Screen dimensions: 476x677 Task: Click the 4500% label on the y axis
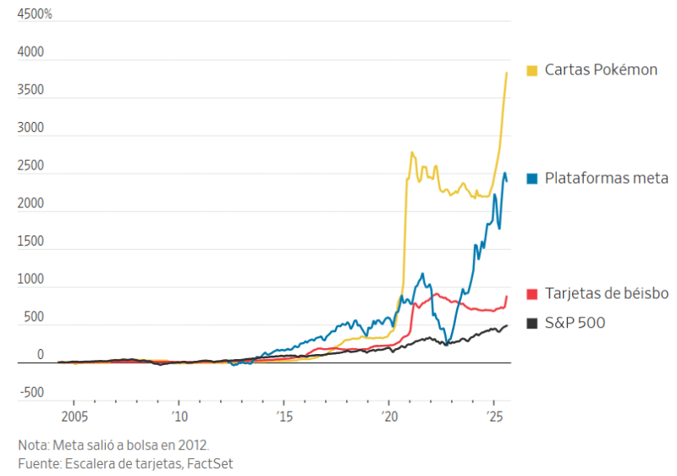coord(35,15)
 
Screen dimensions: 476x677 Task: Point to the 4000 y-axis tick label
coord(30,53)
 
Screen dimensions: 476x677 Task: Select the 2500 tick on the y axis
coord(30,166)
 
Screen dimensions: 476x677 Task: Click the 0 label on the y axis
coord(40,355)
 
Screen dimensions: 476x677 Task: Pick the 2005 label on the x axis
coord(73,417)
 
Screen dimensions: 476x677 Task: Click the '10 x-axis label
coord(179,417)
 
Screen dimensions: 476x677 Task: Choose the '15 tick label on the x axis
coord(283,417)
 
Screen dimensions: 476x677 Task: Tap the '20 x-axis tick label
coord(389,417)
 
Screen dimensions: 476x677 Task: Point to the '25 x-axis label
coord(494,417)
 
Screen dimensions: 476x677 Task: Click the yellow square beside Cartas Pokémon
coord(532,70)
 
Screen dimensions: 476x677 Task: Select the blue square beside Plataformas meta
coord(532,179)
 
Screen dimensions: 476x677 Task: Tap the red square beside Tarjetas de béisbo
coord(532,294)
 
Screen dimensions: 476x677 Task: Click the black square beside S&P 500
coord(532,323)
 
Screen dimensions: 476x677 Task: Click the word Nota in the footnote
coord(33,445)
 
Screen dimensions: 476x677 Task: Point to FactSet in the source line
coord(210,463)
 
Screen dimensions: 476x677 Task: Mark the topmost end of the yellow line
coord(506,73)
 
